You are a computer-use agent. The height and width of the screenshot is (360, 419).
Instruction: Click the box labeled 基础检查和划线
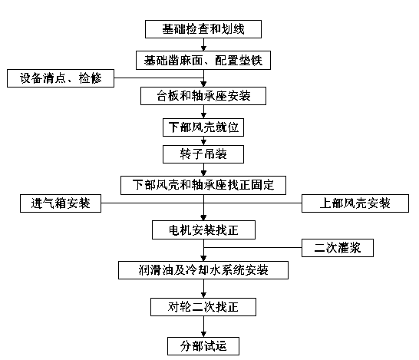(x=203, y=29)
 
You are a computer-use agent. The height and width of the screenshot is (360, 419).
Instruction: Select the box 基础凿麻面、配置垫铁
(x=203, y=61)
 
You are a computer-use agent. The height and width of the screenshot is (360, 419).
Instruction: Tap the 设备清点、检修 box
(x=61, y=78)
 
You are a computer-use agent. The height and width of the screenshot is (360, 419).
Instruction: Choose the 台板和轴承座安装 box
(x=203, y=96)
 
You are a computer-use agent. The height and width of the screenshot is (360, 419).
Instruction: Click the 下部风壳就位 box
(x=203, y=127)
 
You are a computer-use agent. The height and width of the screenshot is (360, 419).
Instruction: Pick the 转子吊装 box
(x=203, y=154)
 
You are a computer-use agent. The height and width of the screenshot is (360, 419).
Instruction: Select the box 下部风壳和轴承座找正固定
(x=203, y=185)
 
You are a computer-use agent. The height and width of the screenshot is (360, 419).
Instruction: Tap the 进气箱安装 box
(x=61, y=203)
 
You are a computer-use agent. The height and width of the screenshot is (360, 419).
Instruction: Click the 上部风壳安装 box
(x=355, y=203)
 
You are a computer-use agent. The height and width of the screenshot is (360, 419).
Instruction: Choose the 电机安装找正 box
(x=203, y=230)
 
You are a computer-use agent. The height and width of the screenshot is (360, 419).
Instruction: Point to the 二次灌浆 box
(x=338, y=248)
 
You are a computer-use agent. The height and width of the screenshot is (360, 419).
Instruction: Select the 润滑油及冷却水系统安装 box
(x=203, y=270)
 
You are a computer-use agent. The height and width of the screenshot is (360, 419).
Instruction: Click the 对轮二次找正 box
(x=203, y=307)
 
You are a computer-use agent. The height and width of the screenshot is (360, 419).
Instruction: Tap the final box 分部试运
(x=203, y=346)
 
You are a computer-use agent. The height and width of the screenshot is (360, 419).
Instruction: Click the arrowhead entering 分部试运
(x=203, y=335)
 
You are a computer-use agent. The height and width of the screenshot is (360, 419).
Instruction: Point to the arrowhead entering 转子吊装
(x=203, y=143)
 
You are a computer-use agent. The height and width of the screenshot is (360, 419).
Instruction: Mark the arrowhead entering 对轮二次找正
(x=203, y=296)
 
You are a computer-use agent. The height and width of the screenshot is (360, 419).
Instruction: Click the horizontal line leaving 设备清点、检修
(x=159, y=78)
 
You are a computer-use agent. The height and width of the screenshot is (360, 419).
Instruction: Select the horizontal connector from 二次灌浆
(x=252, y=247)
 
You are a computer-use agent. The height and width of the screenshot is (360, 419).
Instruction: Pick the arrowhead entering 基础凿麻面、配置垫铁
(x=203, y=48)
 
